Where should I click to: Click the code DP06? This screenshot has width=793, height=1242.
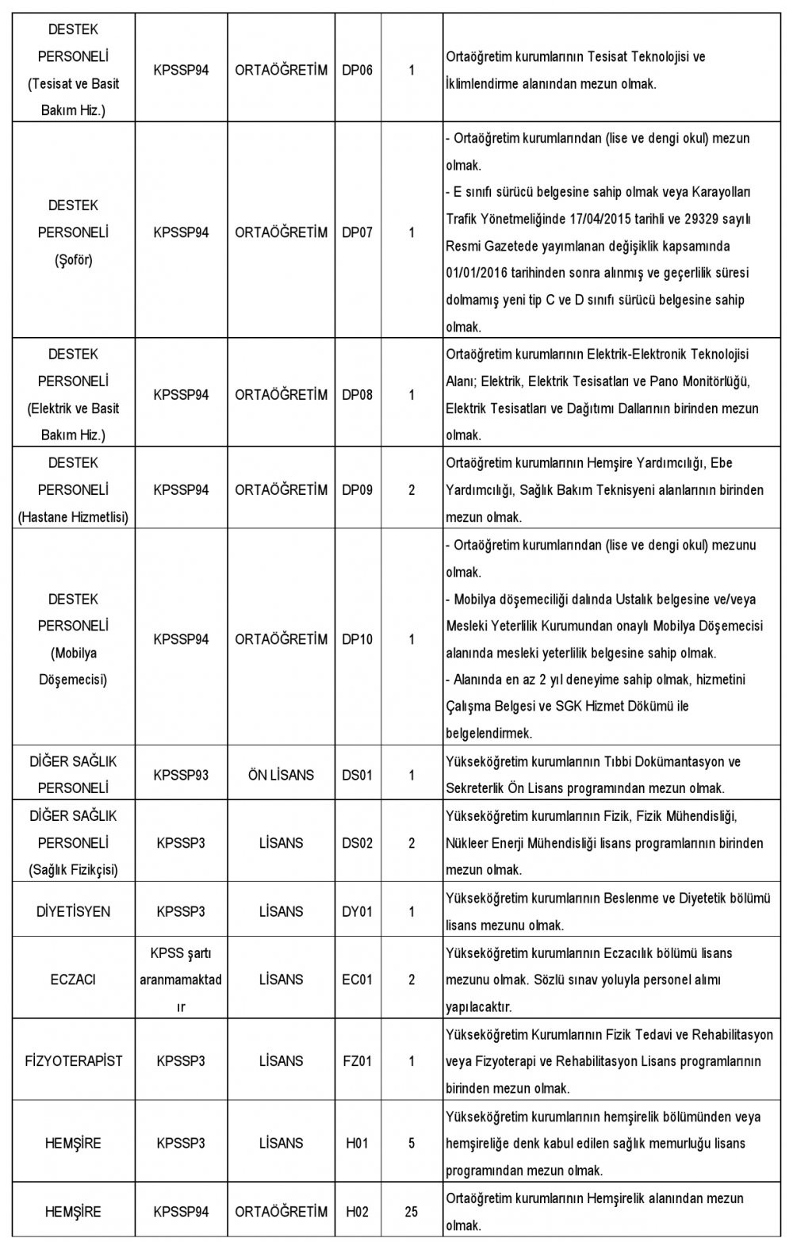(x=356, y=71)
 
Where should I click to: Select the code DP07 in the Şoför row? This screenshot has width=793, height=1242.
(x=356, y=233)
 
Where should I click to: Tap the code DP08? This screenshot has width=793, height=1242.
(x=356, y=395)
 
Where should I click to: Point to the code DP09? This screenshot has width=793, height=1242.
(x=356, y=490)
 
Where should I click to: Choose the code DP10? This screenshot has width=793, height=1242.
(x=356, y=639)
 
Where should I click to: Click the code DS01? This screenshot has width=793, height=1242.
(x=356, y=775)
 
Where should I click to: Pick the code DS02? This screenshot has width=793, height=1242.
(x=356, y=843)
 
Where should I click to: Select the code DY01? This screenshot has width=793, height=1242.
(x=356, y=911)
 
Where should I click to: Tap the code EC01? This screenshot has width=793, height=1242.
(x=356, y=979)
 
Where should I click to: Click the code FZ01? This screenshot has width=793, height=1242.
(x=356, y=1060)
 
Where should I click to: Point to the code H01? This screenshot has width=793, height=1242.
(x=356, y=1143)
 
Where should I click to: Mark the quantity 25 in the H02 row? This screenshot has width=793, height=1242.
(x=412, y=1212)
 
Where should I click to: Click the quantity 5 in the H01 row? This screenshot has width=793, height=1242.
(x=412, y=1143)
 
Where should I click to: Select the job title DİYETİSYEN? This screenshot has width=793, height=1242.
(x=73, y=911)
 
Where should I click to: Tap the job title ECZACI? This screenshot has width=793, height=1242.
(x=73, y=979)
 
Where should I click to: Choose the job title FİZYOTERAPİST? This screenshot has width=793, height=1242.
(x=73, y=1060)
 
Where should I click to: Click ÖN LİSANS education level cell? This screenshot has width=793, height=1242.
(x=281, y=775)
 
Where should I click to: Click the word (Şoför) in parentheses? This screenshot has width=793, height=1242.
(x=73, y=260)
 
